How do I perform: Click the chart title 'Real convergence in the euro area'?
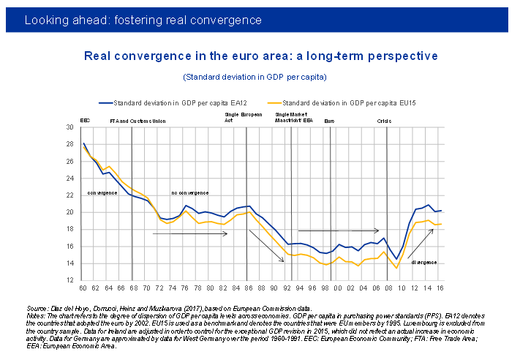click(260, 56)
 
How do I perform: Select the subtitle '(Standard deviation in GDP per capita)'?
click(255, 76)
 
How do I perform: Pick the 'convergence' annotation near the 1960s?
click(102, 192)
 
